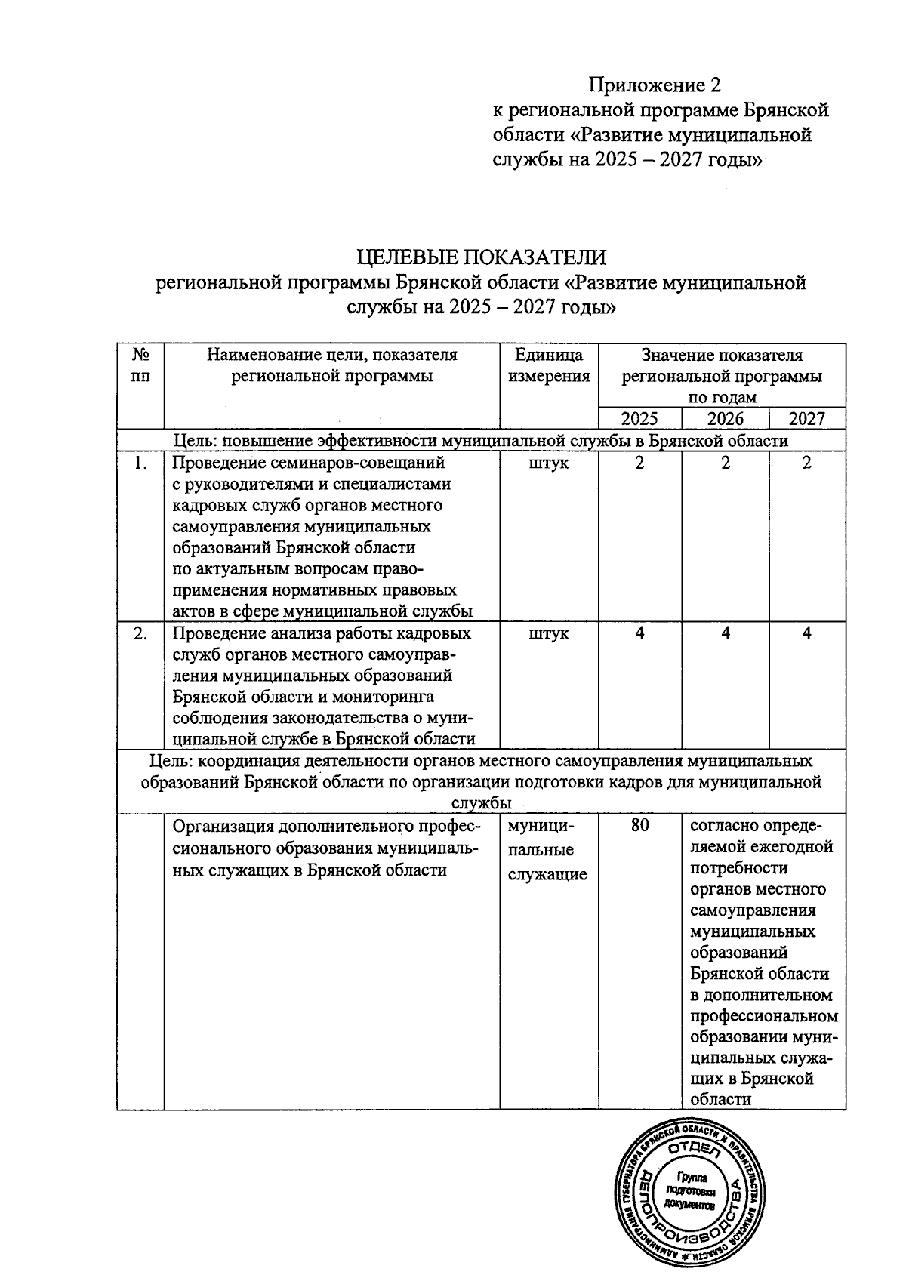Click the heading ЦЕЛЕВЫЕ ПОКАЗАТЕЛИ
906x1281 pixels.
pyautogui.click(x=482, y=257)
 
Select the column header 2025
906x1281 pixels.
pyautogui.click(x=639, y=419)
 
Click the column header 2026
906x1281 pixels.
pyautogui.click(x=725, y=419)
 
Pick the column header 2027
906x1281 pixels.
pyautogui.click(x=806, y=419)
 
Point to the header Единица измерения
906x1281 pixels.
pyautogui.click(x=549, y=365)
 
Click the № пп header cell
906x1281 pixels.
pyautogui.click(x=140, y=365)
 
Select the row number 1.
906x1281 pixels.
pyautogui.click(x=140, y=463)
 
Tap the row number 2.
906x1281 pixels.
pyautogui.click(x=140, y=633)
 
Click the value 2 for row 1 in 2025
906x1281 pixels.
pyautogui.click(x=639, y=463)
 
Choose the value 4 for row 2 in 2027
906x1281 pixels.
pyautogui.click(x=806, y=633)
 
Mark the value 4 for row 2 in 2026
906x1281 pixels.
pyautogui.click(x=725, y=633)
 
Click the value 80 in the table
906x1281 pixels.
pyautogui.click(x=639, y=826)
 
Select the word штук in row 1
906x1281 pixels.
pyautogui.click(x=549, y=463)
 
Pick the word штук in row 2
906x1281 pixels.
pyautogui.click(x=549, y=633)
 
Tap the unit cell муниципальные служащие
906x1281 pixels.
pyautogui.click(x=547, y=850)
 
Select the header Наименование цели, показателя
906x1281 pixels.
pyautogui.click(x=332, y=355)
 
